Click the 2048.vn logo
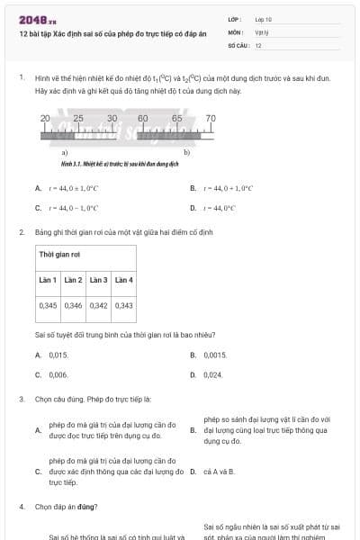(31, 19)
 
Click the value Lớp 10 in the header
(264, 19)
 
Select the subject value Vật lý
(262, 31)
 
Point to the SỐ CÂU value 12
(258, 44)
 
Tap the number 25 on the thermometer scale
(78, 119)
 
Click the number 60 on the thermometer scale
(143, 119)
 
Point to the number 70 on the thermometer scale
(211, 119)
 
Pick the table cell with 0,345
(49, 306)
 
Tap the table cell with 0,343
(124, 306)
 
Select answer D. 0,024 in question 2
(212, 374)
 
